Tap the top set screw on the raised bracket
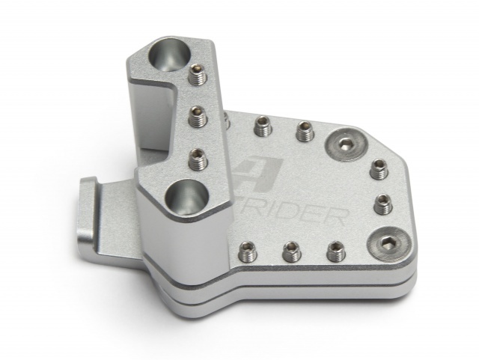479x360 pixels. pos(198,74)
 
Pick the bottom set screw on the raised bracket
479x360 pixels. pos(198,156)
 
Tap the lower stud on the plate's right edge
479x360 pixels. pos(382,202)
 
